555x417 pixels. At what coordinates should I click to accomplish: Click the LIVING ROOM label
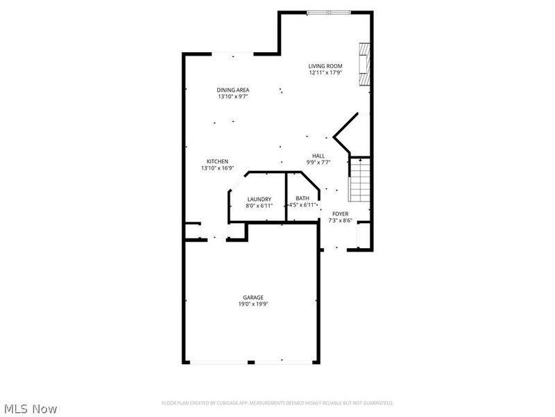pos(325,66)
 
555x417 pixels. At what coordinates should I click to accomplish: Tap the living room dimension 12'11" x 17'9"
pos(325,73)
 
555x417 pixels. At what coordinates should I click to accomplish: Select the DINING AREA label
pos(233,90)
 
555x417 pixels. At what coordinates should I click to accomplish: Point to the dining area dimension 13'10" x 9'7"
pos(233,97)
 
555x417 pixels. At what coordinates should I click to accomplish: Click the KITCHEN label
pos(217,161)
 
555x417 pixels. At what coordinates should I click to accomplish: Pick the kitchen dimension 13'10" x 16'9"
pos(217,168)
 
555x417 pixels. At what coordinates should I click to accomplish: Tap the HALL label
pos(318,156)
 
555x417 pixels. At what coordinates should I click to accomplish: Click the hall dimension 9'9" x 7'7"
pos(318,163)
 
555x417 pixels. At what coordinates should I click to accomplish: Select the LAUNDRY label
pos(259,199)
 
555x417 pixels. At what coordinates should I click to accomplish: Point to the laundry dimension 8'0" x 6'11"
pos(259,206)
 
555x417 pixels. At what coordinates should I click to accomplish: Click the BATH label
pos(302,198)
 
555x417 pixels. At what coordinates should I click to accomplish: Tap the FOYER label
pos(340,213)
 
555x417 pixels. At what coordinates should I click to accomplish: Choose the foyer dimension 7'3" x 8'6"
pos(340,220)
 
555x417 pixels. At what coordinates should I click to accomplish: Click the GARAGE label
pos(253,297)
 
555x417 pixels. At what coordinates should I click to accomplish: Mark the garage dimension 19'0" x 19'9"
pos(253,304)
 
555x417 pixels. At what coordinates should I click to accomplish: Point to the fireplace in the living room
pos(364,64)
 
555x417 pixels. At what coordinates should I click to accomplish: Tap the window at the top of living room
pos(329,13)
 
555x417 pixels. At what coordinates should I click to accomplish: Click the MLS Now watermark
pos(30,409)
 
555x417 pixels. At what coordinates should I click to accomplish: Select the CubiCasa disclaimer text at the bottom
pos(277,403)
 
